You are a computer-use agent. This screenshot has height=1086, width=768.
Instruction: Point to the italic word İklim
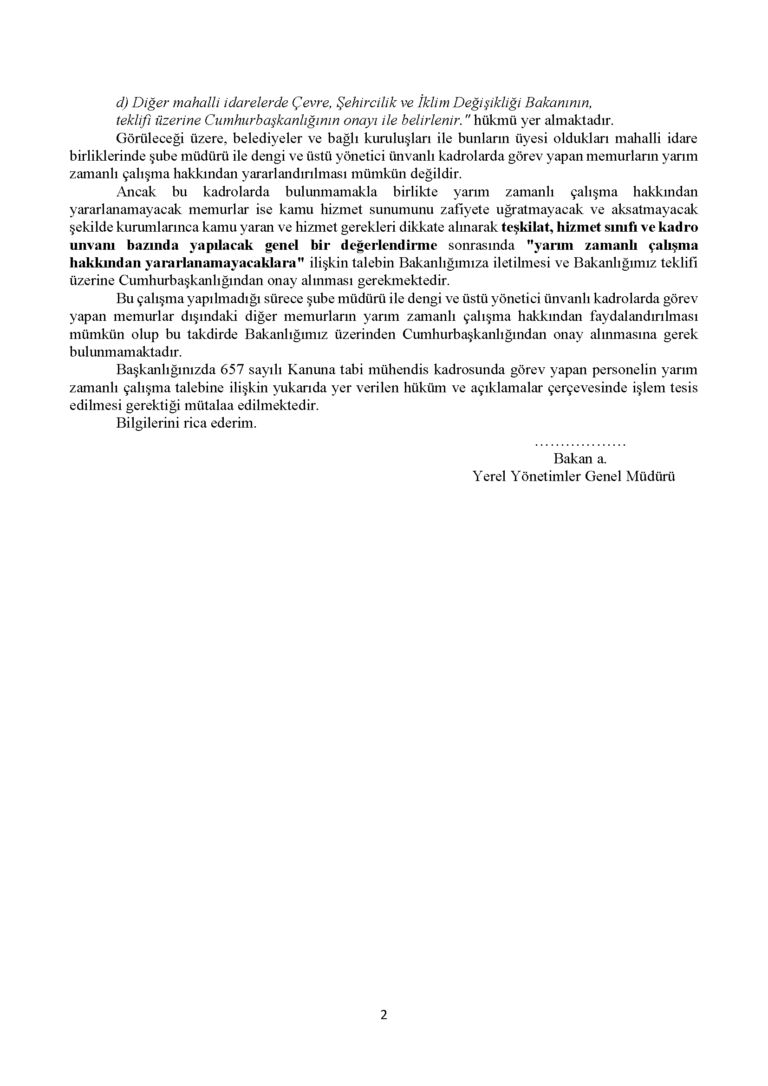click(430, 102)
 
